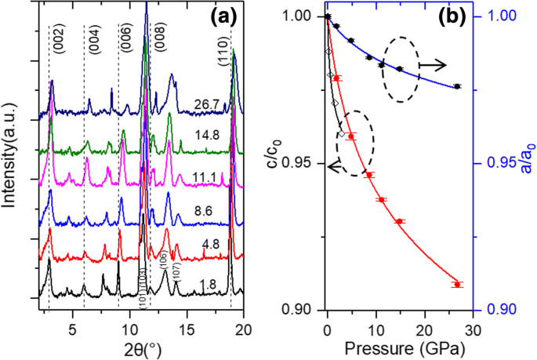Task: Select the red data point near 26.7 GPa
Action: (x=457, y=284)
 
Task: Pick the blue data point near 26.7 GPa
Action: (x=457, y=86)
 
